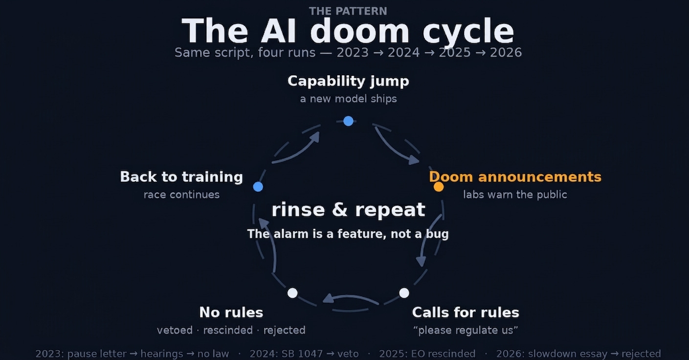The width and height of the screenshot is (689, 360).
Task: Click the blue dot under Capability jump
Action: point(348,121)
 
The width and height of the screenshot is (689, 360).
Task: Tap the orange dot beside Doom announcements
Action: point(439,186)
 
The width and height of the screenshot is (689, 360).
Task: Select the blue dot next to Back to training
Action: point(258,186)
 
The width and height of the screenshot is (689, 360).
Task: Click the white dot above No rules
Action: point(292,292)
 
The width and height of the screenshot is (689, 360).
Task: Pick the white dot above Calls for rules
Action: point(404,292)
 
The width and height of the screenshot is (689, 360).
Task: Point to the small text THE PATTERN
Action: point(348,11)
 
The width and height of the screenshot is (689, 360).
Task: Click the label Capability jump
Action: point(348,81)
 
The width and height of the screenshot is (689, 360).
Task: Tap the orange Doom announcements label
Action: point(515,177)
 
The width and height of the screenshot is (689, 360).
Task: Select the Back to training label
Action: point(181,177)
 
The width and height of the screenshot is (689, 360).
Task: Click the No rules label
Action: point(231,312)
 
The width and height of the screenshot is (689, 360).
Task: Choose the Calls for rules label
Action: point(466,312)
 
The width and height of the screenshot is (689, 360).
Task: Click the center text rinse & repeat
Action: point(348,210)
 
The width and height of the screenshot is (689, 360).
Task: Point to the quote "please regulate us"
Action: point(466,330)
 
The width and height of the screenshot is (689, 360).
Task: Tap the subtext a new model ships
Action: point(348,99)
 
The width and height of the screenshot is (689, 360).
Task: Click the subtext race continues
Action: point(181,195)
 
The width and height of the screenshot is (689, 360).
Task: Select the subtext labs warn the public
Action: point(515,195)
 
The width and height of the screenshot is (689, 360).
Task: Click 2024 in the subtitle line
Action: point(403,53)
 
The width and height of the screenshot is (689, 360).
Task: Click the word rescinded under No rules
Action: point(228,330)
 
